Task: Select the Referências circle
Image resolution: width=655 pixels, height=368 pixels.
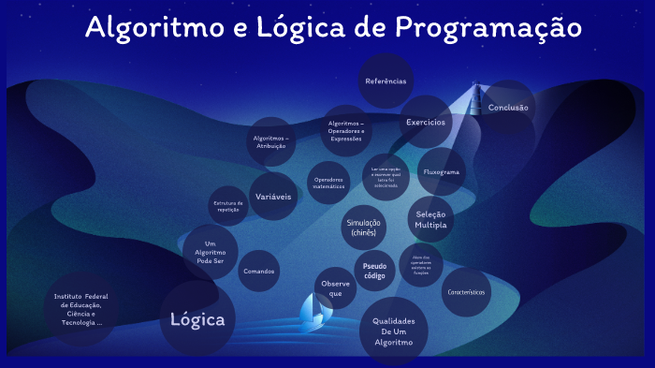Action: pyautogui.click(x=386, y=81)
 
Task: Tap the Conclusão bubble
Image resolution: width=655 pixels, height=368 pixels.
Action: pyautogui.click(x=508, y=107)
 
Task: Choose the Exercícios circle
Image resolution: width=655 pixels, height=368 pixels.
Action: pyautogui.click(x=425, y=122)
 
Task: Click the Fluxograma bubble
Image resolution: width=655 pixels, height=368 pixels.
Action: pyautogui.click(x=442, y=172)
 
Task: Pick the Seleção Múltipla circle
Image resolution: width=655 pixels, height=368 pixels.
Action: pyautogui.click(x=430, y=219)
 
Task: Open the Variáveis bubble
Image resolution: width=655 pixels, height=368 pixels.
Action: pyautogui.click(x=273, y=197)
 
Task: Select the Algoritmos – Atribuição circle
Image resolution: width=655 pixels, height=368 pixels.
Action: pyautogui.click(x=271, y=141)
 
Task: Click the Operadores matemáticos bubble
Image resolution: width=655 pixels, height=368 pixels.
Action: pyautogui.click(x=329, y=183)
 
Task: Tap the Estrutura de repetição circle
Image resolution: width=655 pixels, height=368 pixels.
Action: pyautogui.click(x=228, y=206)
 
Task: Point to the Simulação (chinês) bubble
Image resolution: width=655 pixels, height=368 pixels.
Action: pyautogui.click(x=364, y=228)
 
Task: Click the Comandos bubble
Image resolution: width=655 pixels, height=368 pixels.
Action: pyautogui.click(x=259, y=272)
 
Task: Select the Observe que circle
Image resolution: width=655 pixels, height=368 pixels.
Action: pyautogui.click(x=335, y=287)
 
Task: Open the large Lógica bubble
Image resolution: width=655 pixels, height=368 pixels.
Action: pyautogui.click(x=197, y=319)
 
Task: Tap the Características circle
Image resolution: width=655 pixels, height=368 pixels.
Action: pyautogui.click(x=466, y=291)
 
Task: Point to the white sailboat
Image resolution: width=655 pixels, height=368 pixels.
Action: pyautogui.click(x=313, y=310)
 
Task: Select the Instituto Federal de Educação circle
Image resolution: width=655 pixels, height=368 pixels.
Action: pyautogui.click(x=82, y=308)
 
